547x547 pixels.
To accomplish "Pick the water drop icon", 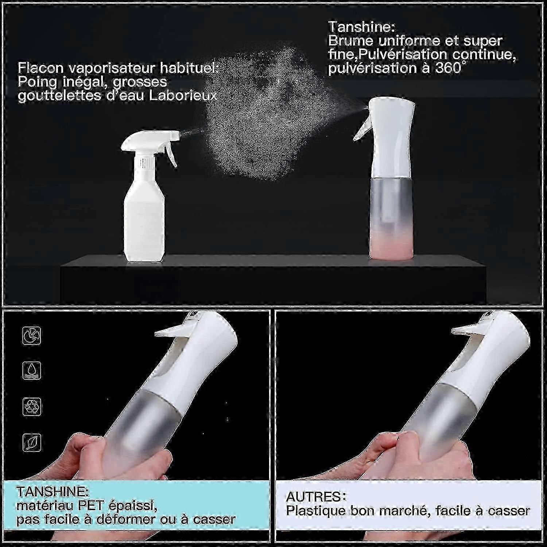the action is pos(32,371).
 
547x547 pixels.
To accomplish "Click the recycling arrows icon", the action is pos(32,407).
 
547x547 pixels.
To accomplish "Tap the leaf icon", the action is pos(32,442).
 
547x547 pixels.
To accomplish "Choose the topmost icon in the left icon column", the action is pos(32,335).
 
